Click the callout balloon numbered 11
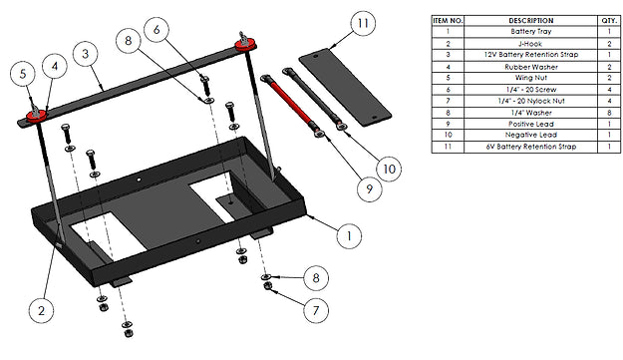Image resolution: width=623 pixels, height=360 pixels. click(363, 23)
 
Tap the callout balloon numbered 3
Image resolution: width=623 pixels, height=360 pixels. click(86, 54)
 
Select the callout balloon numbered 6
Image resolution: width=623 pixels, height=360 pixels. click(156, 29)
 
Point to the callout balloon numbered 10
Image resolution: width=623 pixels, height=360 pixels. click(389, 169)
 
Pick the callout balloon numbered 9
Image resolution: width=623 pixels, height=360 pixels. click(369, 188)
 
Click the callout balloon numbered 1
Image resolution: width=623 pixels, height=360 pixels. click(349, 235)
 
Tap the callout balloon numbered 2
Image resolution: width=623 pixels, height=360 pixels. click(41, 310)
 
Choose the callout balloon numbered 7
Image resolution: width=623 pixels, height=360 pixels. click(316, 310)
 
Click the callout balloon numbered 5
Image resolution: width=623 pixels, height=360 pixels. click(23, 74)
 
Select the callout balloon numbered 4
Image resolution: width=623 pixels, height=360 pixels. click(55, 66)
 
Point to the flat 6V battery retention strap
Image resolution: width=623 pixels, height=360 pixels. click(345, 88)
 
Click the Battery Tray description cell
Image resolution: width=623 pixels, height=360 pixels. click(531, 31)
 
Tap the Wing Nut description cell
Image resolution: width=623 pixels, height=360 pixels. click(531, 78)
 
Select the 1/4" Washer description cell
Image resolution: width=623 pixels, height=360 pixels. click(531, 113)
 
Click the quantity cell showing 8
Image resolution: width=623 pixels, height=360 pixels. click(609, 113)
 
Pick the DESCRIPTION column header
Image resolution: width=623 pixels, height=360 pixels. click(531, 21)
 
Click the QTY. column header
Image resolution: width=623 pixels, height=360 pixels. click(609, 21)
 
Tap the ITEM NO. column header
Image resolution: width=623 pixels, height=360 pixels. click(448, 21)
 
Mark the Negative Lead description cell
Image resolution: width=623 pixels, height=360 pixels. click(531, 135)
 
